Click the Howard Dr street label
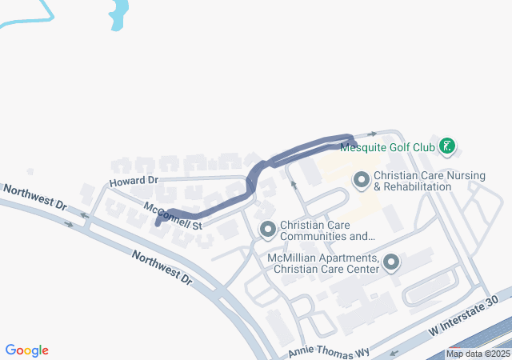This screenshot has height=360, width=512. [x=134, y=182]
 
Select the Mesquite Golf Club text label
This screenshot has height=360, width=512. [x=387, y=147]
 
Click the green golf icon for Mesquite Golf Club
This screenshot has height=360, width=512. [x=448, y=146]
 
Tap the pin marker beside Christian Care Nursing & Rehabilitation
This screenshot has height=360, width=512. [x=361, y=181]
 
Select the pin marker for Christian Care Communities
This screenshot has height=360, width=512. [x=267, y=230]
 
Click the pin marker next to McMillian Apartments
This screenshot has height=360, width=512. [x=391, y=262]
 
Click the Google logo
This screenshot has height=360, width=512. [x=27, y=350]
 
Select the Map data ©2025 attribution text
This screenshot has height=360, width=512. [x=478, y=354]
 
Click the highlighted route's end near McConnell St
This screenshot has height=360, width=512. [x=158, y=222]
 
